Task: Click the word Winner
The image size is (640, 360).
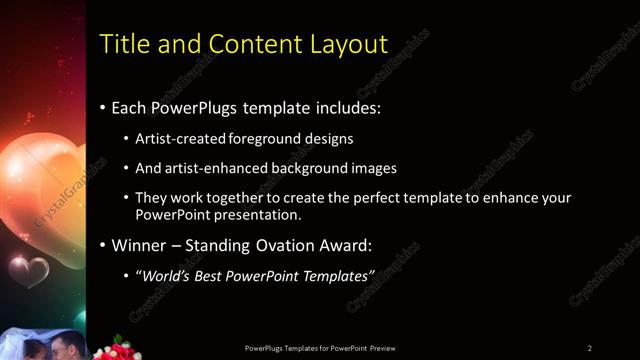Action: (x=138, y=245)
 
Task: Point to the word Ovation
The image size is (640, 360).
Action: (x=262, y=245)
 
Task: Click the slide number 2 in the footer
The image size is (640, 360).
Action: (x=590, y=348)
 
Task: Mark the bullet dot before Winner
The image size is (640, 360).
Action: (x=103, y=245)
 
